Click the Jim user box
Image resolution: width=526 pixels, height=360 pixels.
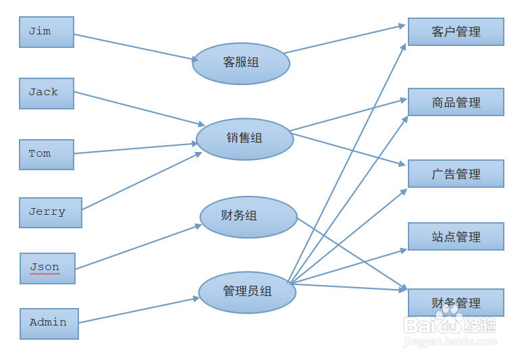(46, 32)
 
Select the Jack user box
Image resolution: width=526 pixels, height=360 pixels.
(46, 93)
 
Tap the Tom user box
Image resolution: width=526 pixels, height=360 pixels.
(46, 155)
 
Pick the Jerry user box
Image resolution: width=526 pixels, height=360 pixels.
(50, 212)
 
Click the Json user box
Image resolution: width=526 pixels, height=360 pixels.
(47, 268)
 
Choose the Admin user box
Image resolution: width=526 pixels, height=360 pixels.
(49, 323)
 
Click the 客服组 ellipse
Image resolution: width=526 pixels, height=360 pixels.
(241, 63)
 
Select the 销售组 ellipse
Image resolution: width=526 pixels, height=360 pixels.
(244, 139)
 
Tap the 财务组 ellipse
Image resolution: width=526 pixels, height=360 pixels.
(248, 217)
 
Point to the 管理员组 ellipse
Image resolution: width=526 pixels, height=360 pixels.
(247, 292)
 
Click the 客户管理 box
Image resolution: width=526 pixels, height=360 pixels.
(456, 32)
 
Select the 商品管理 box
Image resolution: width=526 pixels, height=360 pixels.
(456, 102)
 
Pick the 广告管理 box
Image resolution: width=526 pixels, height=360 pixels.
(456, 174)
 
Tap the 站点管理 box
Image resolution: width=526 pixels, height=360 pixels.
(456, 236)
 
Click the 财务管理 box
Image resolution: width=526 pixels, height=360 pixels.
(456, 302)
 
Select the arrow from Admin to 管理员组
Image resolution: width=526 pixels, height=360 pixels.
(138, 309)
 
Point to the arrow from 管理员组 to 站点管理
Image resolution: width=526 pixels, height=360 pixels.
(348, 265)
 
